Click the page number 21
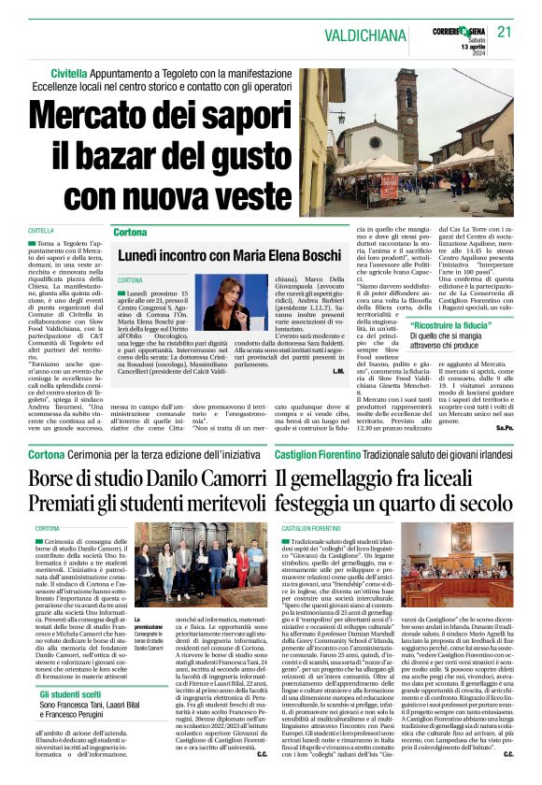tap(506, 31)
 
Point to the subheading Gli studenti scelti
tap(71, 695)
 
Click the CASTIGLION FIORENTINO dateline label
tap(311, 528)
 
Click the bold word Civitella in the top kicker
tap(69, 71)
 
